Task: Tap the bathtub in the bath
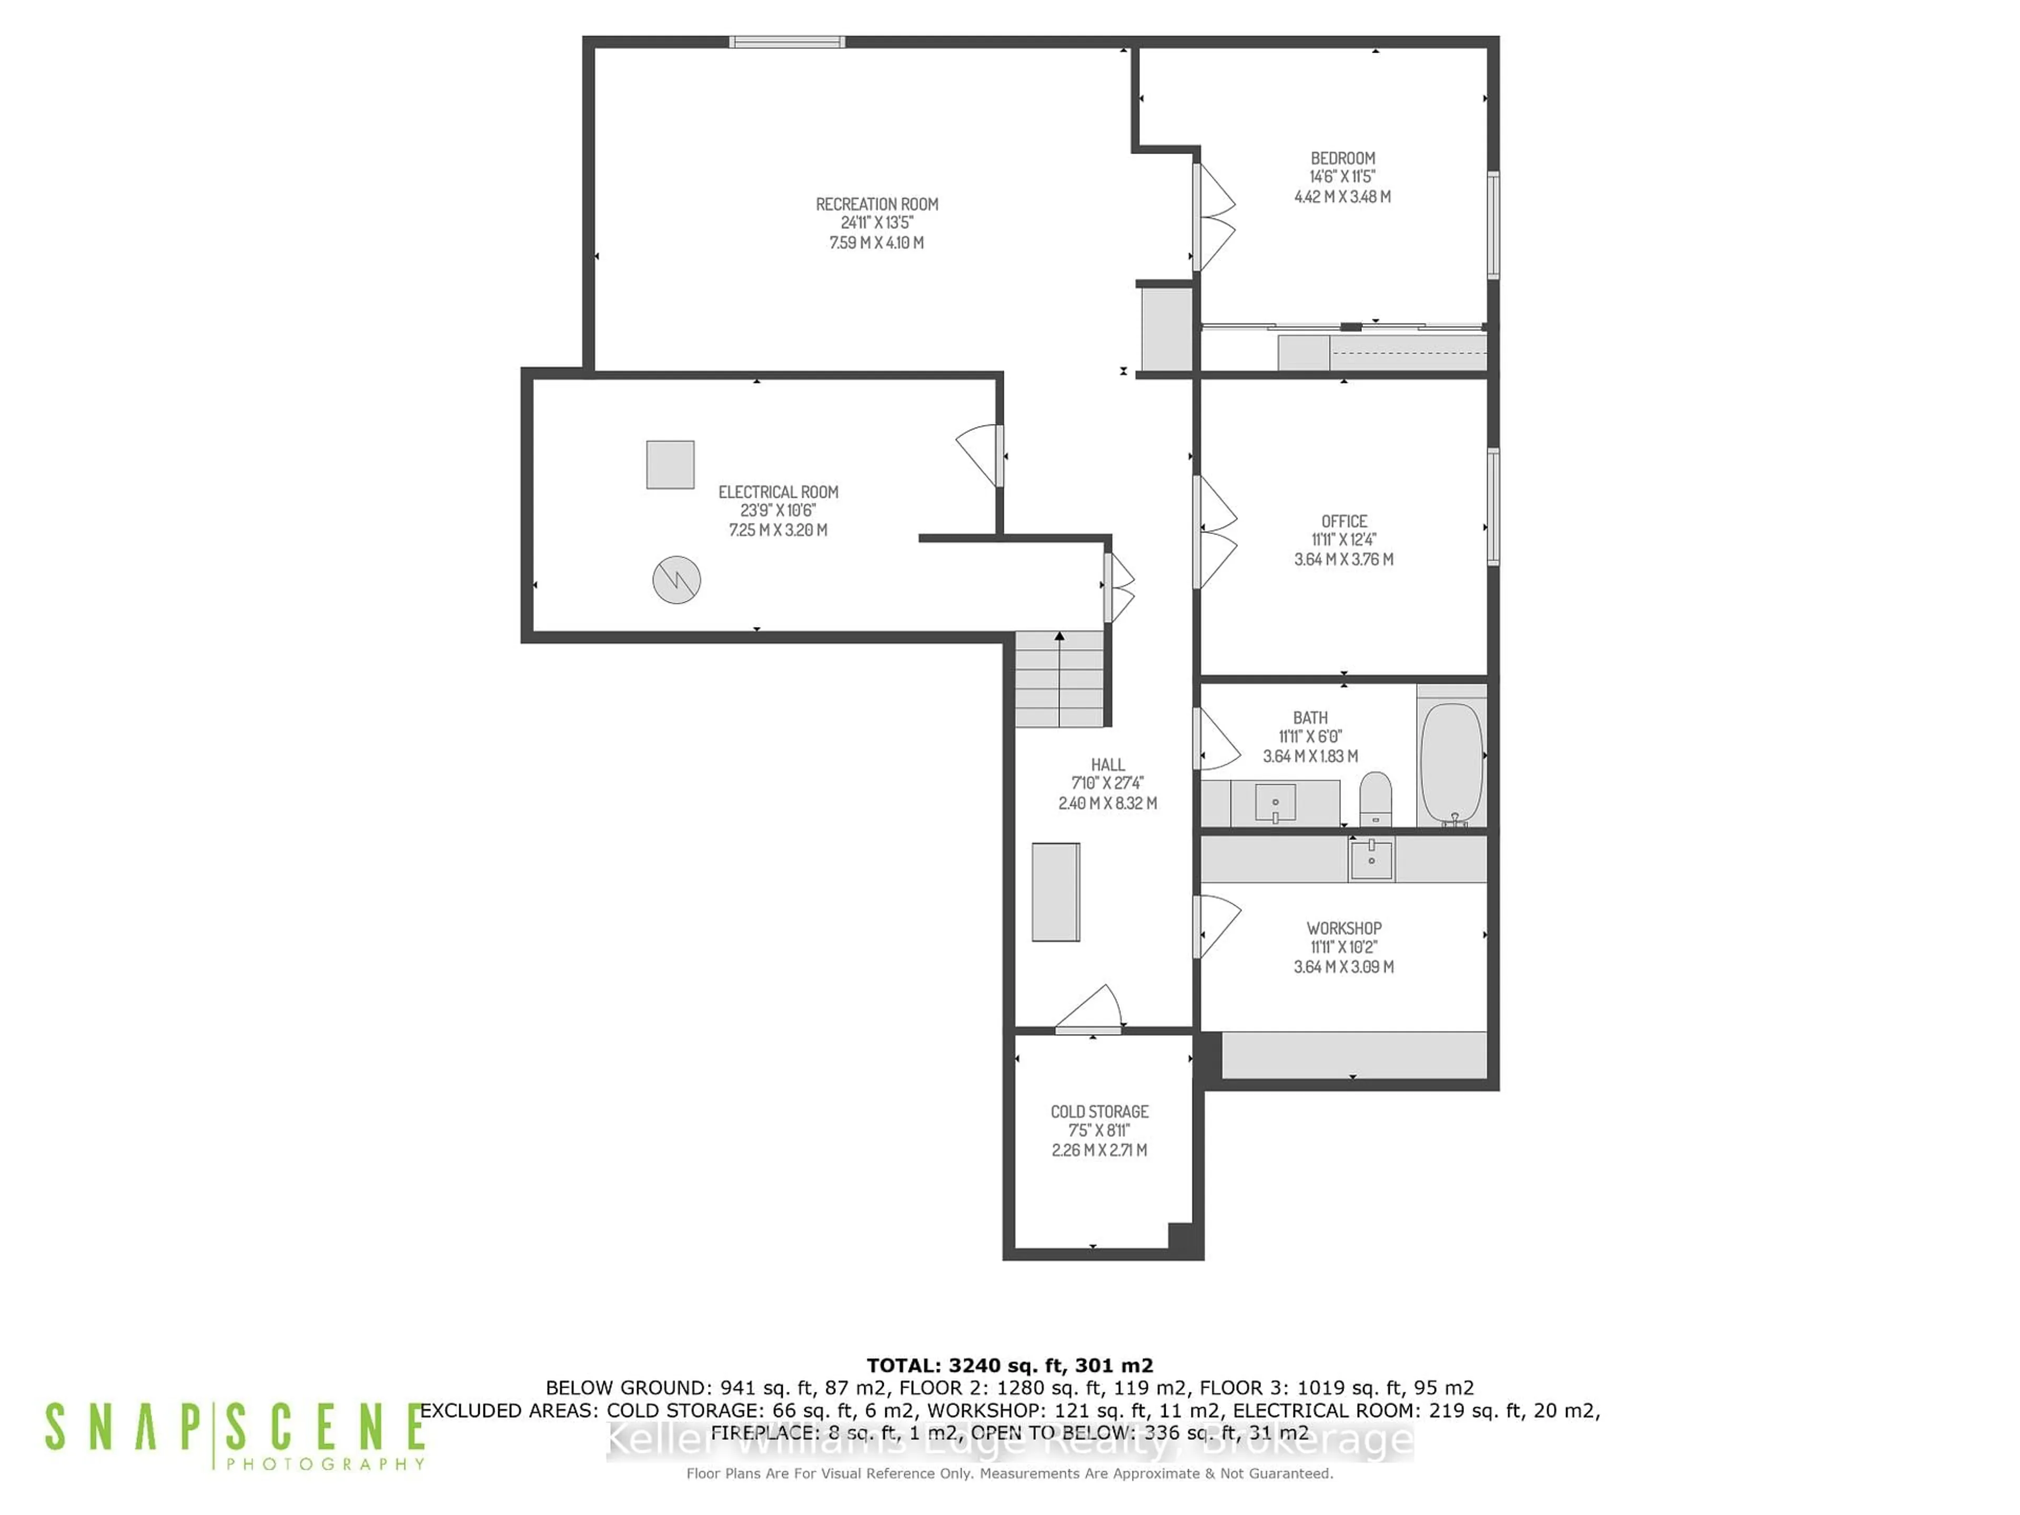coord(1450,763)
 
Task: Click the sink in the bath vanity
coord(1275,804)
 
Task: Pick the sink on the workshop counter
coord(1371,858)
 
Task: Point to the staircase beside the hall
coord(1059,680)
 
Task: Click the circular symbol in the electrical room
coord(676,579)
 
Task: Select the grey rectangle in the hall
coord(1056,891)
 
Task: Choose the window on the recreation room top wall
coord(786,42)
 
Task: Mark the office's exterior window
coord(1493,507)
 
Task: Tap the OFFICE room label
coord(1344,521)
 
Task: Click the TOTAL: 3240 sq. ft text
coord(1009,1365)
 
